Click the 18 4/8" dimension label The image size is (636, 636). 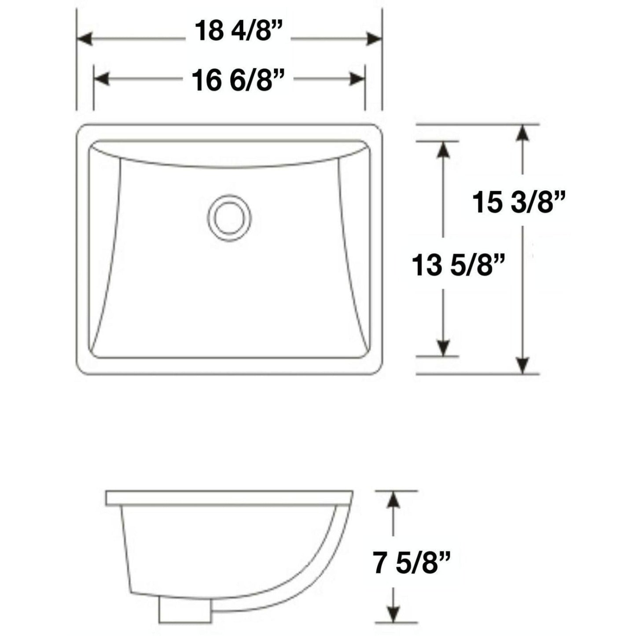tap(238, 32)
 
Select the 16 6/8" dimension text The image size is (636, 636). tap(238, 81)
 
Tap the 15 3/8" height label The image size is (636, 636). tap(518, 203)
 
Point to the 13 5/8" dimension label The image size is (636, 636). tap(458, 266)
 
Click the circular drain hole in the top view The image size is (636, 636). tap(229, 217)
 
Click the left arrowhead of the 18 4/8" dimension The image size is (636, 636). tap(85, 39)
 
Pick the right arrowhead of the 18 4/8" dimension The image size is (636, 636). tap(374, 39)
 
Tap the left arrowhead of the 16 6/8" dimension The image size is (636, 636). tap(102, 80)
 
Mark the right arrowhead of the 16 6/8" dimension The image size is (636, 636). tap(357, 80)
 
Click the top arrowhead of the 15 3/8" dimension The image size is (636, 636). tap(522, 132)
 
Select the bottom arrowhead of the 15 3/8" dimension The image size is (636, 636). tap(522, 366)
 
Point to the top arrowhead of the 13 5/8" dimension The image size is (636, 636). tap(444, 150)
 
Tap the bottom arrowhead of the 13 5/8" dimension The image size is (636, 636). tap(444, 348)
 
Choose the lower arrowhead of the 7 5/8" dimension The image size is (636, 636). tap(393, 614)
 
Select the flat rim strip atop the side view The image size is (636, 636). tap(229, 497)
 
